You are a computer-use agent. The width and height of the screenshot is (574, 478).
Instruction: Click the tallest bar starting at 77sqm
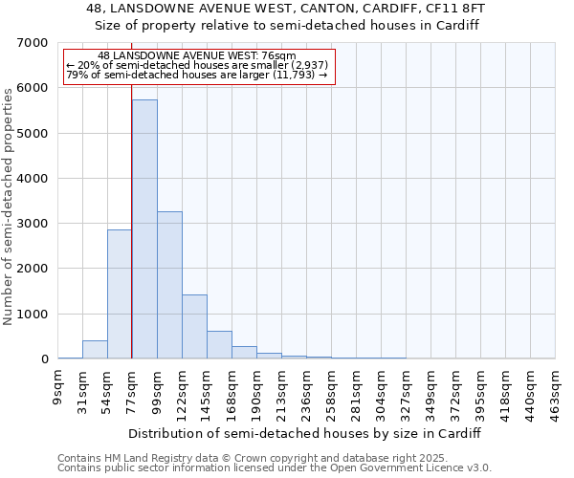144,229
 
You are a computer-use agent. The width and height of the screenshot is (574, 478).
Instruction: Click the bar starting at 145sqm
219,345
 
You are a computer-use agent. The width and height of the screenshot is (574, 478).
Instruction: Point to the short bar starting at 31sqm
95,350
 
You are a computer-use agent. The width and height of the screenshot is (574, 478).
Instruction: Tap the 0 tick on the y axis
44,359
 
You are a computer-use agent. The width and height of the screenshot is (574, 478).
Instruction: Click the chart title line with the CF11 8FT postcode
287,9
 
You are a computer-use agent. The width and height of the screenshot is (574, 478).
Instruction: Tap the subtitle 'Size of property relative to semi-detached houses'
287,25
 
